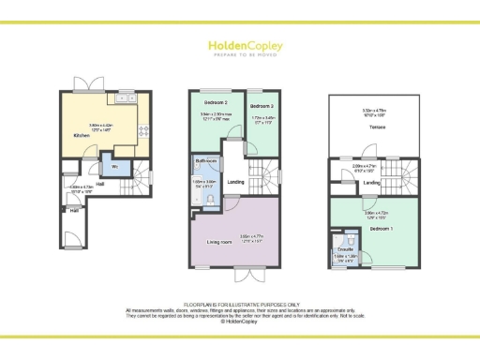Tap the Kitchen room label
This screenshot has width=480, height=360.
(x=82, y=136)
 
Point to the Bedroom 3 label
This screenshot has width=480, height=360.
(x=261, y=107)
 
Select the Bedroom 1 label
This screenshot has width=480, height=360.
(x=380, y=228)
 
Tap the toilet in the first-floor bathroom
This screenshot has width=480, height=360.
(x=209, y=199)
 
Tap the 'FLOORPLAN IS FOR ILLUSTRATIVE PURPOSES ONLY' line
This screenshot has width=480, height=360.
(x=239, y=304)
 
